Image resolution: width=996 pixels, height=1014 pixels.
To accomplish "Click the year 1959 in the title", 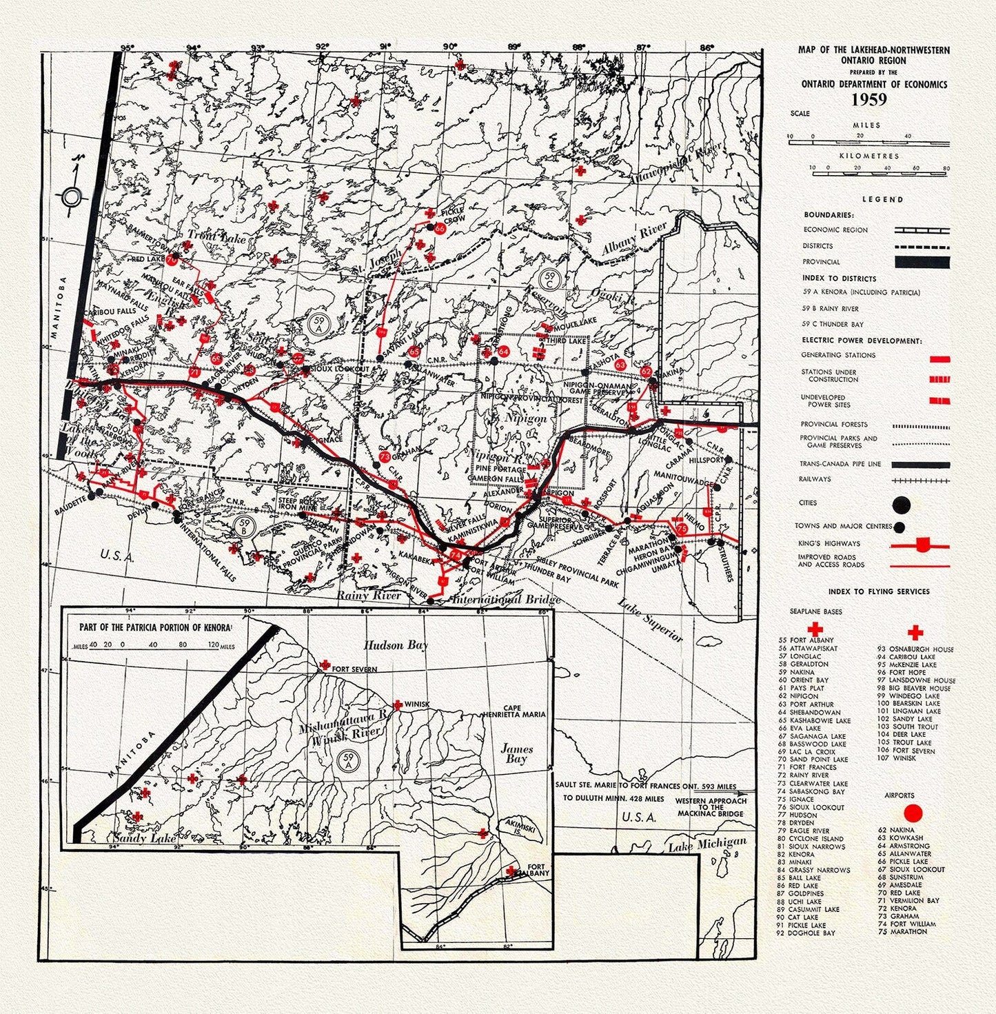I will click(x=868, y=99).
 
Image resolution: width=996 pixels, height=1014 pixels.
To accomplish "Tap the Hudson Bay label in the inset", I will click(x=396, y=645).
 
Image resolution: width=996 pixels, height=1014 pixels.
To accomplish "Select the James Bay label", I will click(x=516, y=753).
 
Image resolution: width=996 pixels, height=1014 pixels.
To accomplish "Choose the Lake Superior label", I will click(x=651, y=622).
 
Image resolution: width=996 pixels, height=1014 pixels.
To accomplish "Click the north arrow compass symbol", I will click(x=72, y=197).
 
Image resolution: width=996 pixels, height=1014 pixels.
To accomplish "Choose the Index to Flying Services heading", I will click(x=879, y=591).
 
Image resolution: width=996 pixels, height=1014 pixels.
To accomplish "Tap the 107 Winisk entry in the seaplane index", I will click(x=897, y=758).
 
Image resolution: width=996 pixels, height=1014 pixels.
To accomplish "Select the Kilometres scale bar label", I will click(x=869, y=156).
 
